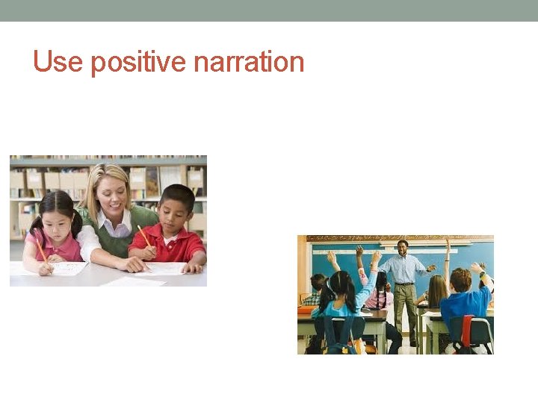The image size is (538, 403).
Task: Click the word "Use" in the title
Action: pyautogui.click(x=58, y=61)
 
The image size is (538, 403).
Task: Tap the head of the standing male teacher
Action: pyautogui.click(x=403, y=248)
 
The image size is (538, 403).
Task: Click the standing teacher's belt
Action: pyautogui.click(x=403, y=284)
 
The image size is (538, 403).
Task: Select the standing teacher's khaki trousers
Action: pyautogui.click(x=405, y=310)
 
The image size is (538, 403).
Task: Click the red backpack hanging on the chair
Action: pyautogui.click(x=468, y=330)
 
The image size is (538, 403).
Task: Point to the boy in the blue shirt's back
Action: pyautogui.click(x=463, y=305)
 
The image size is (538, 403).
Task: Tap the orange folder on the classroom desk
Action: pyautogui.click(x=306, y=310)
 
